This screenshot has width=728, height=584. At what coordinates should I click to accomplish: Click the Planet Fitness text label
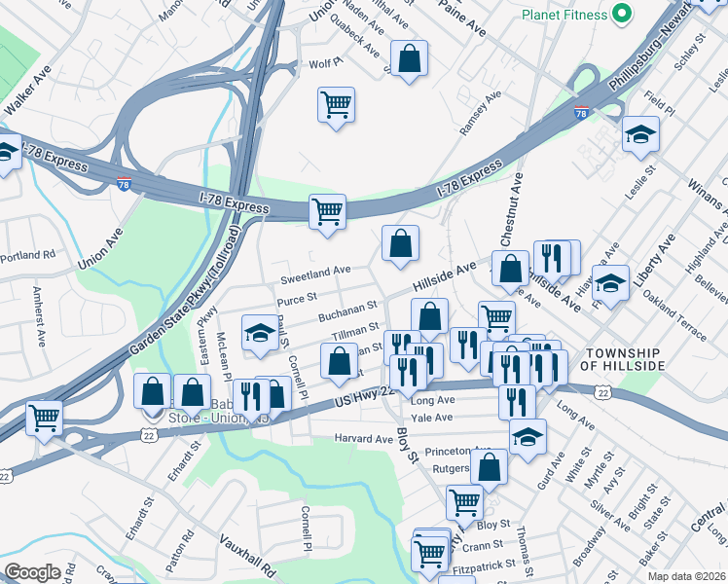tap(564, 15)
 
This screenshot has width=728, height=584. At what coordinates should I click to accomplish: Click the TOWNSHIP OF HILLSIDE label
tap(623, 358)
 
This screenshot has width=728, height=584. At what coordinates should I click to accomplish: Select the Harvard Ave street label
tap(363, 439)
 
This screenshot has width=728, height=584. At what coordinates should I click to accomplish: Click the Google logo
tap(32, 572)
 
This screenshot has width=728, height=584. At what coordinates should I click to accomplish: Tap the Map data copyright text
tap(686, 576)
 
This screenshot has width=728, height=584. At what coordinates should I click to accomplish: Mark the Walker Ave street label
tap(27, 90)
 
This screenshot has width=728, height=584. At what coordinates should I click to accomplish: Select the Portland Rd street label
tap(28, 255)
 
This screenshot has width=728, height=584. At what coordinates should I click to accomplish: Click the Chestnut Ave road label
tap(512, 209)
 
